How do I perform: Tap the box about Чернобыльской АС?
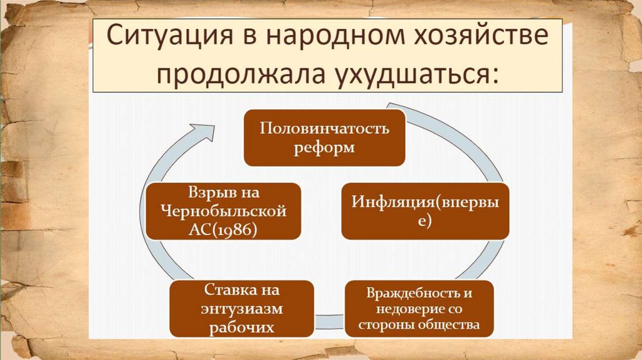(x=223, y=211)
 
